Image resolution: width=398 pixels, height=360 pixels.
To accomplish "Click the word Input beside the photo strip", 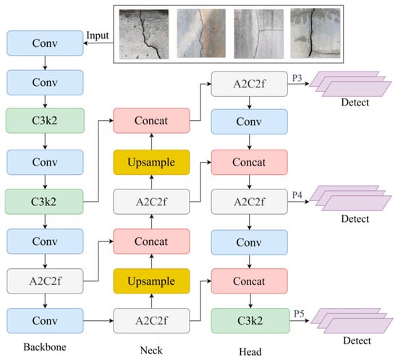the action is (x=98, y=35).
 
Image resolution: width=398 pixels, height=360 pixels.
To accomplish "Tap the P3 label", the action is (x=297, y=78).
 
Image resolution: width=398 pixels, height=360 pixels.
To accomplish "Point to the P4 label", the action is (x=297, y=194).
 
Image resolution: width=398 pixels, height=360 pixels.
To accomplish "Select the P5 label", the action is (x=299, y=314).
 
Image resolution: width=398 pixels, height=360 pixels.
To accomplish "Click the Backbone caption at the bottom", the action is (x=45, y=347).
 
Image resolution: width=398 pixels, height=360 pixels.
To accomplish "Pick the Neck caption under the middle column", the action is (x=151, y=351).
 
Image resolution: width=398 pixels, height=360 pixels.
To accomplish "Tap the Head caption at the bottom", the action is (x=250, y=351).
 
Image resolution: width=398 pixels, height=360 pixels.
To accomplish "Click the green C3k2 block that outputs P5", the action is (x=250, y=321).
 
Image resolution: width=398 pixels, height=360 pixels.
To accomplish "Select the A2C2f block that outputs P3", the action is (x=249, y=84).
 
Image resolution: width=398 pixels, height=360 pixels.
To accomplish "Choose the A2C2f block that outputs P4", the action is (x=249, y=202).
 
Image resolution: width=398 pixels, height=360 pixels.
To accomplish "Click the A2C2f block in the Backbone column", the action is (x=45, y=281).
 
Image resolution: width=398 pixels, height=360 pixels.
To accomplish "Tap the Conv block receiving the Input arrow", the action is (x=45, y=43).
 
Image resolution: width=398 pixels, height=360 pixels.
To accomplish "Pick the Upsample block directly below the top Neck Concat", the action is (x=151, y=162).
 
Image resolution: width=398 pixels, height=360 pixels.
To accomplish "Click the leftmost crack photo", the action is (x=144, y=34).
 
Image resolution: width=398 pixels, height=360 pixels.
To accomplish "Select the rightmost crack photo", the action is (x=316, y=33).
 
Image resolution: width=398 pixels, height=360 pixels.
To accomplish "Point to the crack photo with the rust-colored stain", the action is (x=201, y=33).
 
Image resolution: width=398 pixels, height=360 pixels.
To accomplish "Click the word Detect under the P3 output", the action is (x=355, y=103).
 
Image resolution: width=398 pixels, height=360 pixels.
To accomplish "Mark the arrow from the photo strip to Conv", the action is (x=98, y=43).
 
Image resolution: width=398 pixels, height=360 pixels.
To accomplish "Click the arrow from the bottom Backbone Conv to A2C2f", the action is (x=98, y=321).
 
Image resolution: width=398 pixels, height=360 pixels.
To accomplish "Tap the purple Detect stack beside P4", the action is (x=350, y=198).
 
